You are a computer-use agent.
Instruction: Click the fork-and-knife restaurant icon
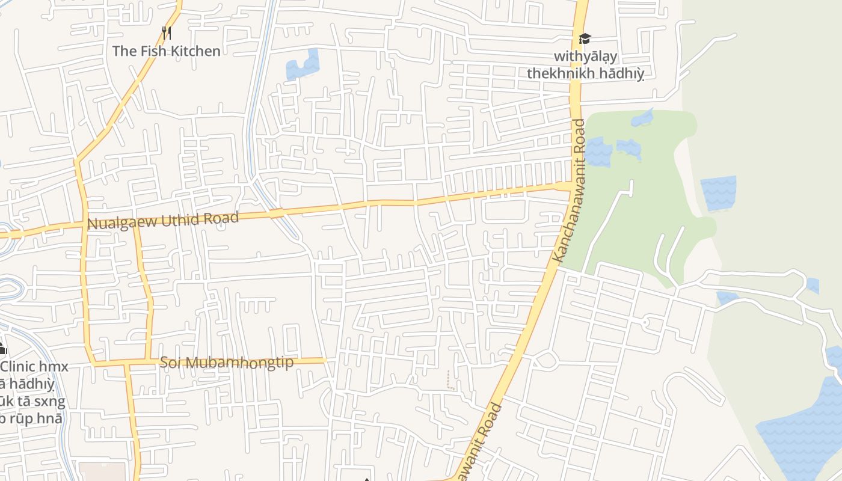click(x=167, y=32)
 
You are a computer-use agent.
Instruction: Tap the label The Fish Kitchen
click(x=166, y=51)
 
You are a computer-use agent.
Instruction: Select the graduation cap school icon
click(x=585, y=39)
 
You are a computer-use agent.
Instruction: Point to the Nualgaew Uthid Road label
click(x=163, y=221)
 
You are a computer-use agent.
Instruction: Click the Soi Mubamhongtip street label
click(x=227, y=363)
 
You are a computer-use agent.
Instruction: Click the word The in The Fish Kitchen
click(x=124, y=51)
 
